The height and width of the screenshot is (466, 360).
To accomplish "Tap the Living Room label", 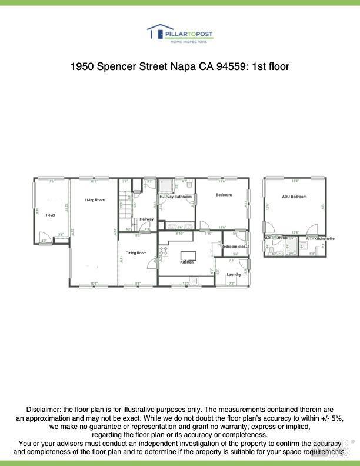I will pyautogui.click(x=94, y=200).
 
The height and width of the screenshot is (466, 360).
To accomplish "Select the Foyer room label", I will pyautogui.click(x=51, y=215).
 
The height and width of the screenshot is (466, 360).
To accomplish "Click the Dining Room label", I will pyautogui.click(x=135, y=252).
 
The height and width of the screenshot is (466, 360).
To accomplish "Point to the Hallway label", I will pyautogui.click(x=146, y=219).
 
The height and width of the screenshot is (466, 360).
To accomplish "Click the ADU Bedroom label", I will pyautogui.click(x=294, y=197).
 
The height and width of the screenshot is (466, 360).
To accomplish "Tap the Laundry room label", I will pyautogui.click(x=234, y=274).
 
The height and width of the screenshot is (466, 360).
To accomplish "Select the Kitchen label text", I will pyautogui.click(x=187, y=262).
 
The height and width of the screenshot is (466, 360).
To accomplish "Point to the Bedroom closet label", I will pyautogui.click(x=234, y=246).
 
